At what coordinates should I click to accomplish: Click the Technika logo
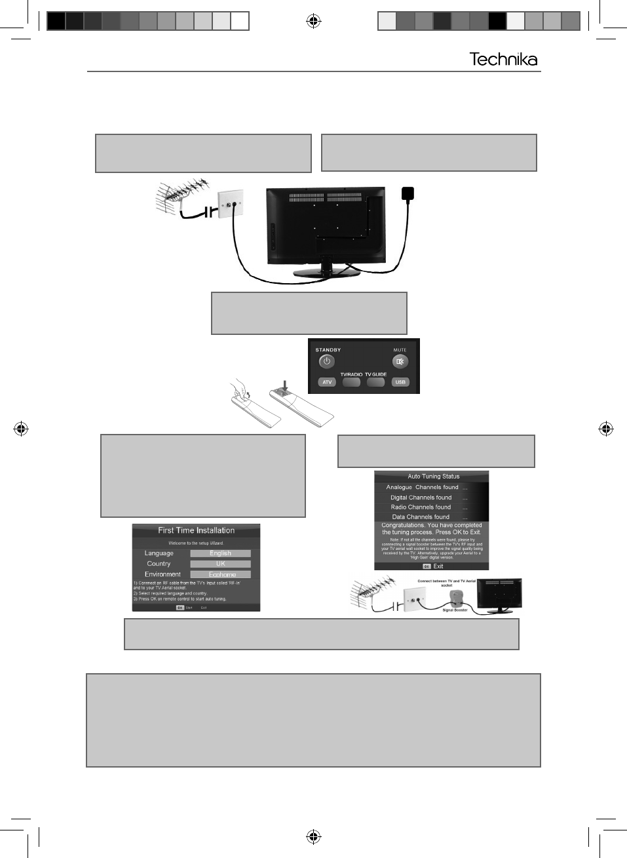[x=503, y=60]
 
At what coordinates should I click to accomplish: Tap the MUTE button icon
[x=400, y=362]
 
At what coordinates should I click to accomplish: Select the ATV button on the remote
[x=327, y=382]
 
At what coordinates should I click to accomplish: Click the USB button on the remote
[x=400, y=382]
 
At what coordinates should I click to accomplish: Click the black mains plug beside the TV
[x=408, y=194]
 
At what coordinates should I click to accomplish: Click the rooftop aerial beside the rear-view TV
[x=181, y=195]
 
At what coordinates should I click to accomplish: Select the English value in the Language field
[x=220, y=553]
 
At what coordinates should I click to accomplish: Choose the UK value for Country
[x=220, y=564]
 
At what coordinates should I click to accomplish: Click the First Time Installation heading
[x=196, y=530]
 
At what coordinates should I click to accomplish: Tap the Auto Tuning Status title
[x=433, y=477]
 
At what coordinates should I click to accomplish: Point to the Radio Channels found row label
[x=421, y=507]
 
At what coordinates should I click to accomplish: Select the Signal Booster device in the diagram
[x=456, y=598]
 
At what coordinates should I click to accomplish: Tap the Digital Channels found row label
[x=421, y=497]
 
